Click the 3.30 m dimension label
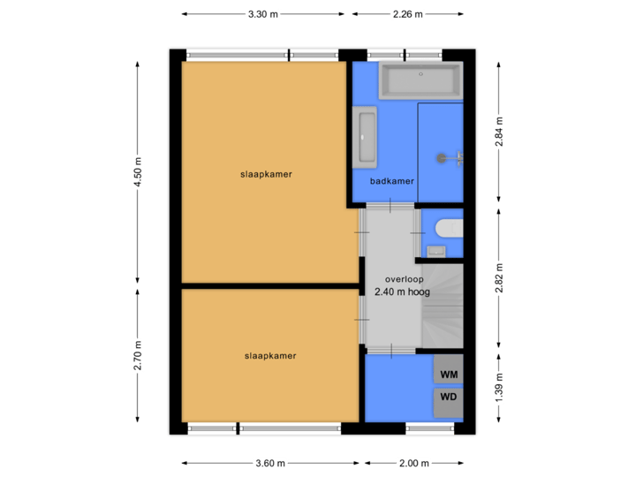coord(262,14)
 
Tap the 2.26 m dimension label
coord(408,14)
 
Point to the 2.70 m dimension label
coord(137,357)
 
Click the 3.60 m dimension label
coord(269,463)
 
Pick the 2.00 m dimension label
coord(413,463)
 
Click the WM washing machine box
coord(449,375)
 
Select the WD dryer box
coord(449,397)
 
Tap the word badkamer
coord(392,181)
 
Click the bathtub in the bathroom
coord(420,80)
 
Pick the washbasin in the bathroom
coord(366,137)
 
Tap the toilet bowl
coord(449,228)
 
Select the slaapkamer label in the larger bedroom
coord(266,174)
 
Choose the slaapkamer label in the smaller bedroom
coord(270,356)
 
